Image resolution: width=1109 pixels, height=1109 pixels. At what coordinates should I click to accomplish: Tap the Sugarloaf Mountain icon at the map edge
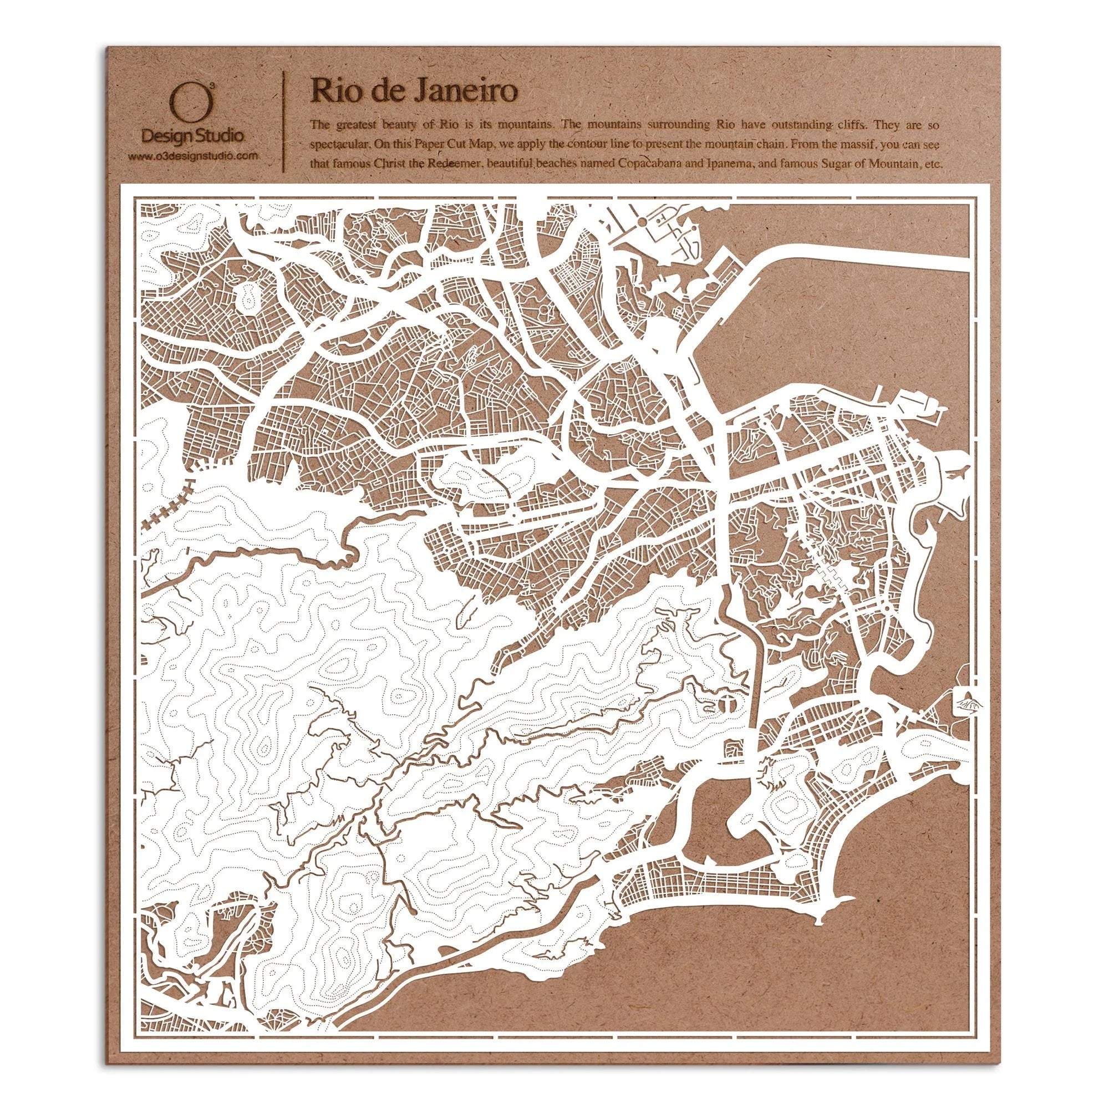click(965, 701)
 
